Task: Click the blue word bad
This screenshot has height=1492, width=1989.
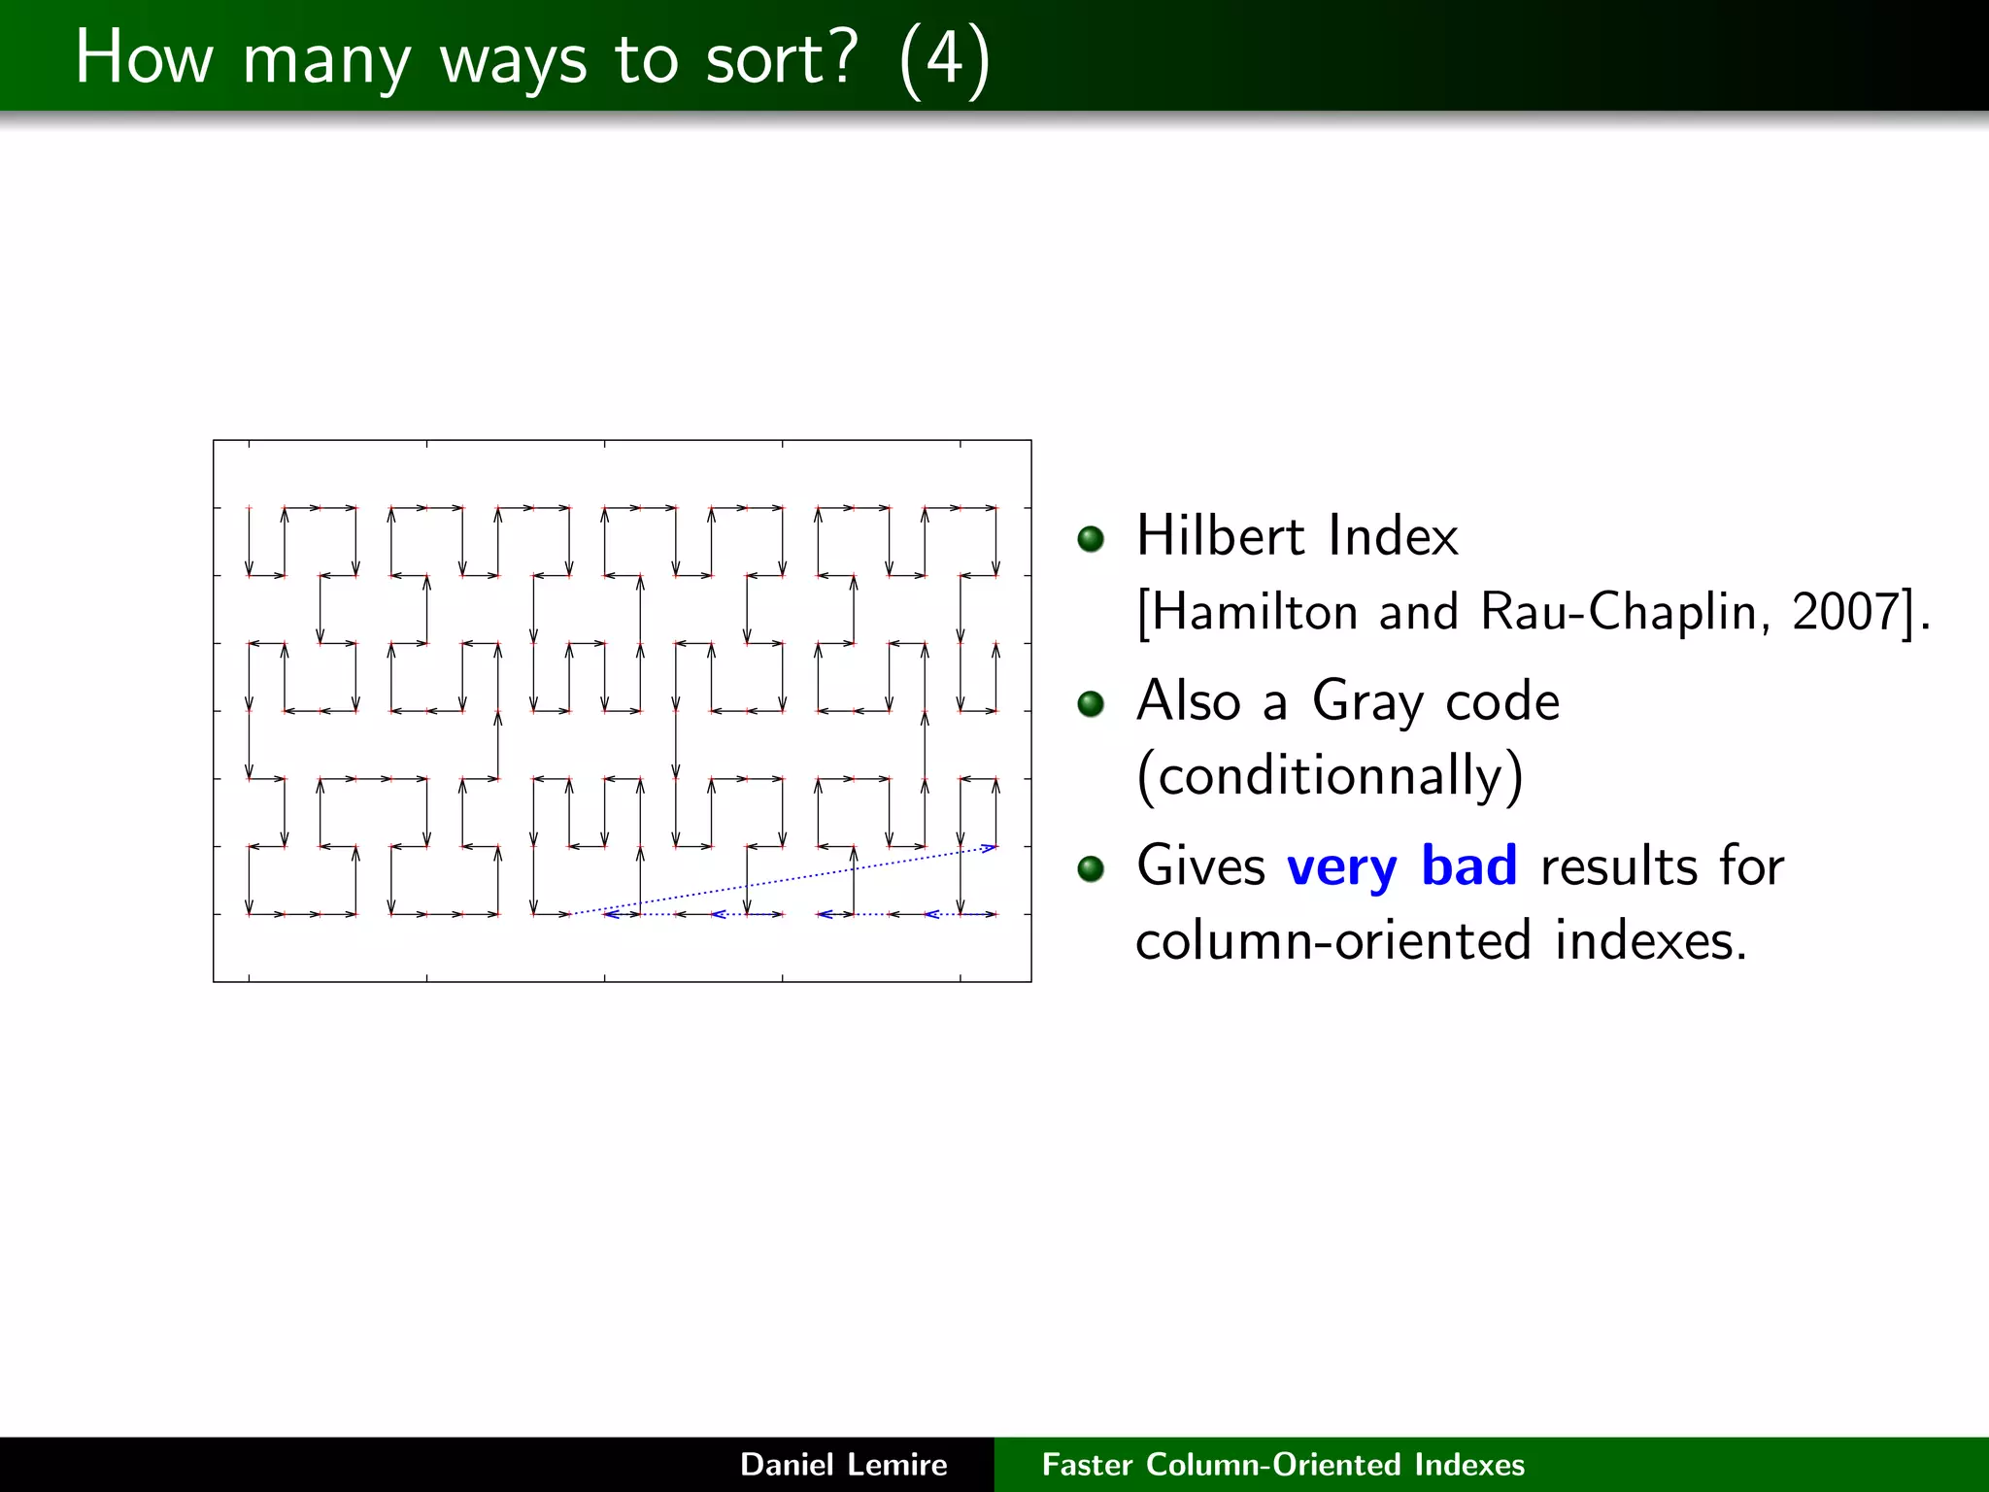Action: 1468,865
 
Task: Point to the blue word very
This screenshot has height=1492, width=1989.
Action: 1341,867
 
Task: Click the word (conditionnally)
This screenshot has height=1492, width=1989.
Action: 1330,776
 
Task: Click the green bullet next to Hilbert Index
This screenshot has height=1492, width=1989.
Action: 1092,538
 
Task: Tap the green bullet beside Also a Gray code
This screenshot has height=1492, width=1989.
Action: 1092,703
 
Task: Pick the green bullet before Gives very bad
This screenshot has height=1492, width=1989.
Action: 1092,867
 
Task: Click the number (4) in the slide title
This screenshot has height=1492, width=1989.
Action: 944,58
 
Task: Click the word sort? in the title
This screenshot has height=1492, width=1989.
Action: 782,58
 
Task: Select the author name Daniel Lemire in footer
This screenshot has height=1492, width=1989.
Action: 843,1464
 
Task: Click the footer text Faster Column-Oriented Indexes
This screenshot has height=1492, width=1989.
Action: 1283,1464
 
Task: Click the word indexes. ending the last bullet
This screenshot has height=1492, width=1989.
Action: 1650,941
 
